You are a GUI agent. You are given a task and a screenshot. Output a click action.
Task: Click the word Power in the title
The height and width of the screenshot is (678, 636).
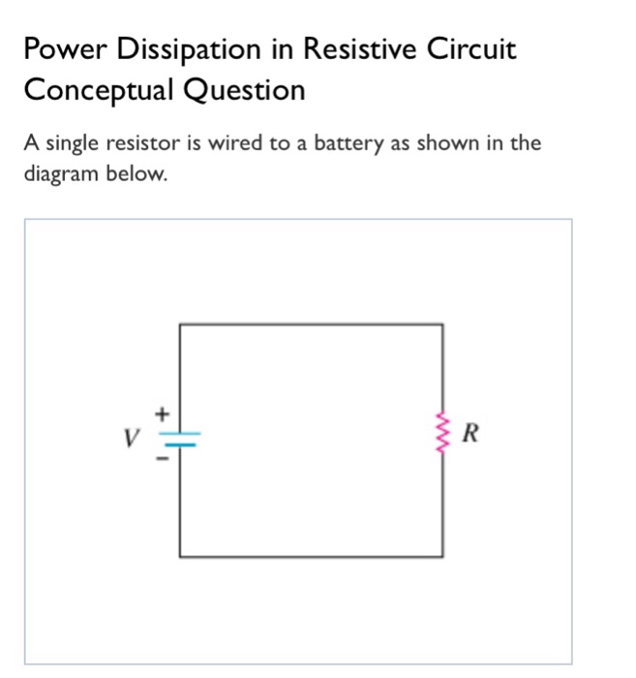tap(62, 49)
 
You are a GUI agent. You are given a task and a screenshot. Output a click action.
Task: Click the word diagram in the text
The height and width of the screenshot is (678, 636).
tap(63, 176)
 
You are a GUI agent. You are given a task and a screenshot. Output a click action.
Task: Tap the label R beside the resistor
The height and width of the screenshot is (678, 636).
tap(470, 432)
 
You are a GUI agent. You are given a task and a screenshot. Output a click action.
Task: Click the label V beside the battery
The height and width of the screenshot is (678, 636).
tap(129, 437)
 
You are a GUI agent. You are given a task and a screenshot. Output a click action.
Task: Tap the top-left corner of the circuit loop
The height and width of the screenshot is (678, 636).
tap(180, 325)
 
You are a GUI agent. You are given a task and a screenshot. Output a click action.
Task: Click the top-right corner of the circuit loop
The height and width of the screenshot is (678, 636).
tap(443, 325)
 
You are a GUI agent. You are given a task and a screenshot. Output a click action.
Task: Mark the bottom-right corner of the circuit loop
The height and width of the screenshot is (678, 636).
tap(443, 557)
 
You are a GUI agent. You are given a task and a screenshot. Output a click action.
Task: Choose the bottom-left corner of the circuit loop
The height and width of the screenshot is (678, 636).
tap(180, 557)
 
